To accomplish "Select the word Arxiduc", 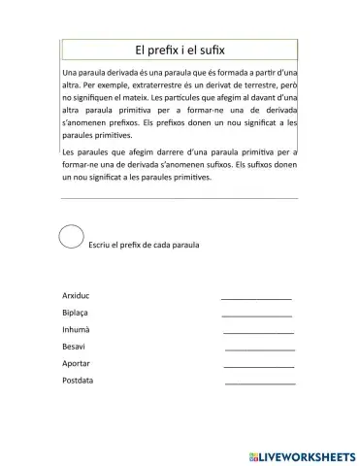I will click(x=77, y=294).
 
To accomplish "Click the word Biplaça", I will click(x=76, y=315).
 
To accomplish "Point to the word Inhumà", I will click(x=76, y=331).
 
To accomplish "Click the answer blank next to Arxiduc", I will click(x=256, y=297).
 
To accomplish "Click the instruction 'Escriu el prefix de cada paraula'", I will click(x=143, y=245).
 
